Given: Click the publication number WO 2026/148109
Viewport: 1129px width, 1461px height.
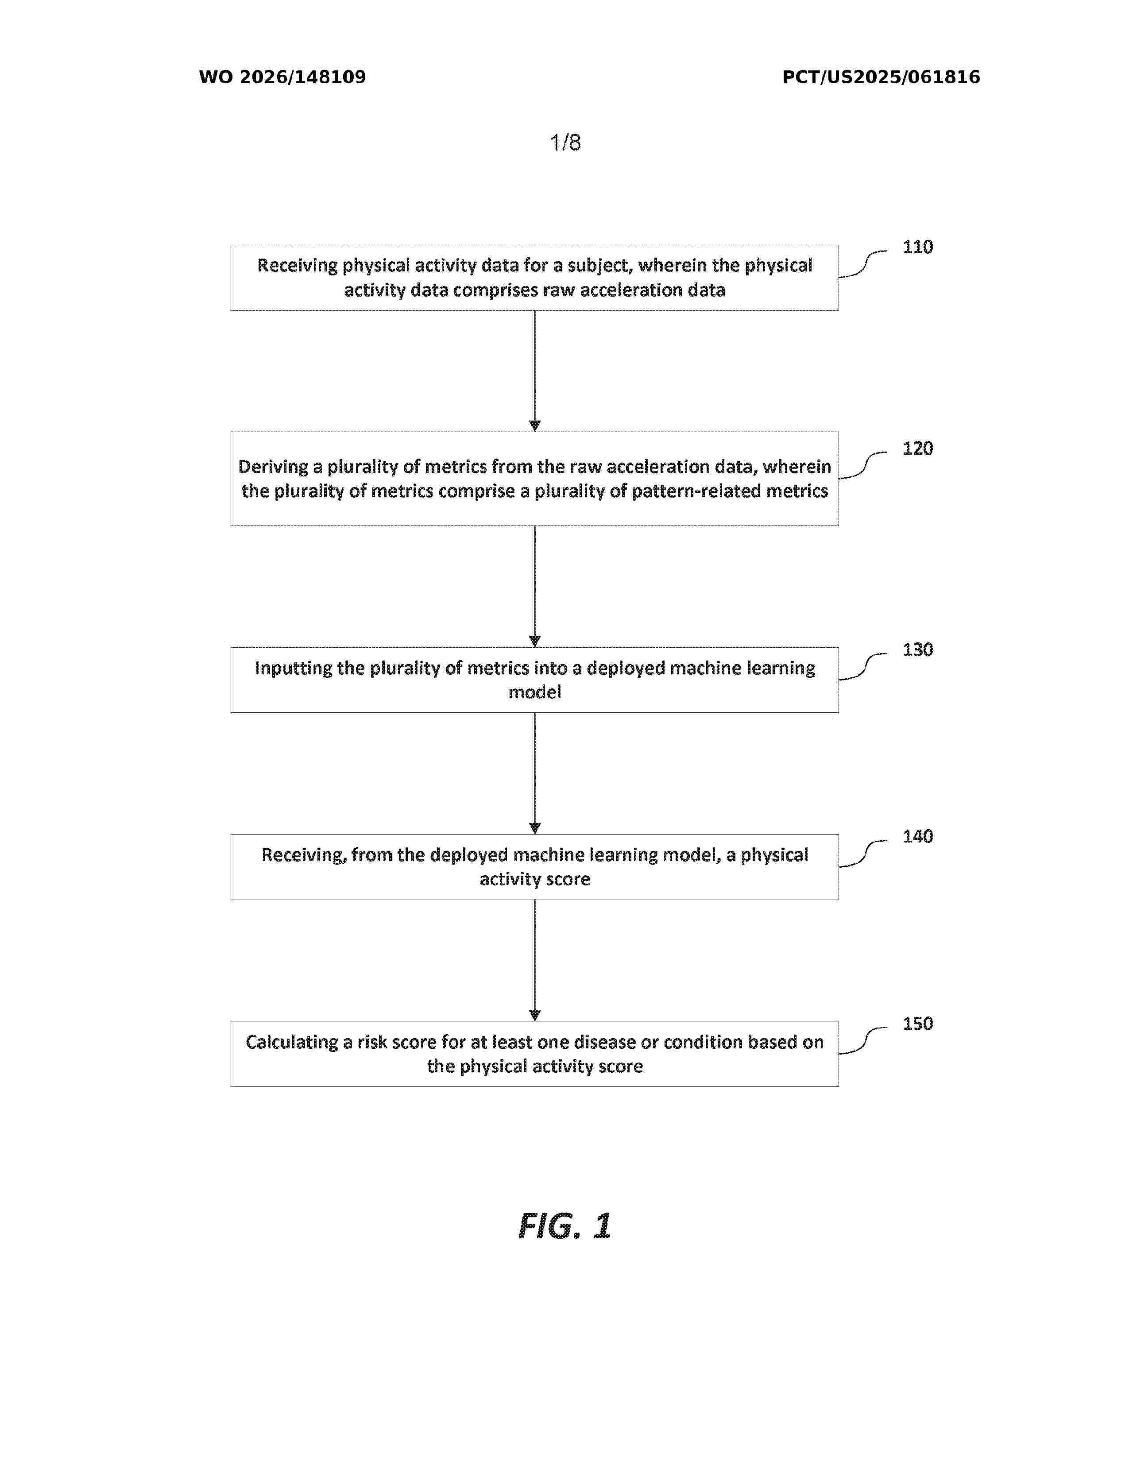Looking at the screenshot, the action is click(x=282, y=77).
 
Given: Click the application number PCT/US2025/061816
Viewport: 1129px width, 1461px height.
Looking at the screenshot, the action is click(x=881, y=77).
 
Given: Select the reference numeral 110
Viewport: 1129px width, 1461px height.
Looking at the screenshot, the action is click(x=918, y=247).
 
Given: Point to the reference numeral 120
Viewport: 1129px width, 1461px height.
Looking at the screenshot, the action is click(x=918, y=448).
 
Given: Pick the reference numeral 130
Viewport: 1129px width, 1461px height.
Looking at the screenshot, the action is click(x=918, y=649).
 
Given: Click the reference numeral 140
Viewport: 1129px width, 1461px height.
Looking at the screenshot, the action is click(x=918, y=836).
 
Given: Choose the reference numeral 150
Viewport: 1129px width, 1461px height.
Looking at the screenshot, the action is click(x=918, y=1024).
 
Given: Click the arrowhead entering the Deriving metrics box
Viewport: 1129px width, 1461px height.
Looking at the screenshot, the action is click(x=534, y=426).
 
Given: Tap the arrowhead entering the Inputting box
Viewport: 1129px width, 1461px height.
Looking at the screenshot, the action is click(x=534, y=642).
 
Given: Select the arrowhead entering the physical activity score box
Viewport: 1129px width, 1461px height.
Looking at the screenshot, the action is click(x=534, y=828).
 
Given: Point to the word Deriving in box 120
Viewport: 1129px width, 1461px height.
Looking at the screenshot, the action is click(x=273, y=467).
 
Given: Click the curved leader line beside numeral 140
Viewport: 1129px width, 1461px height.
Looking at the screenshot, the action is click(x=863, y=853).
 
